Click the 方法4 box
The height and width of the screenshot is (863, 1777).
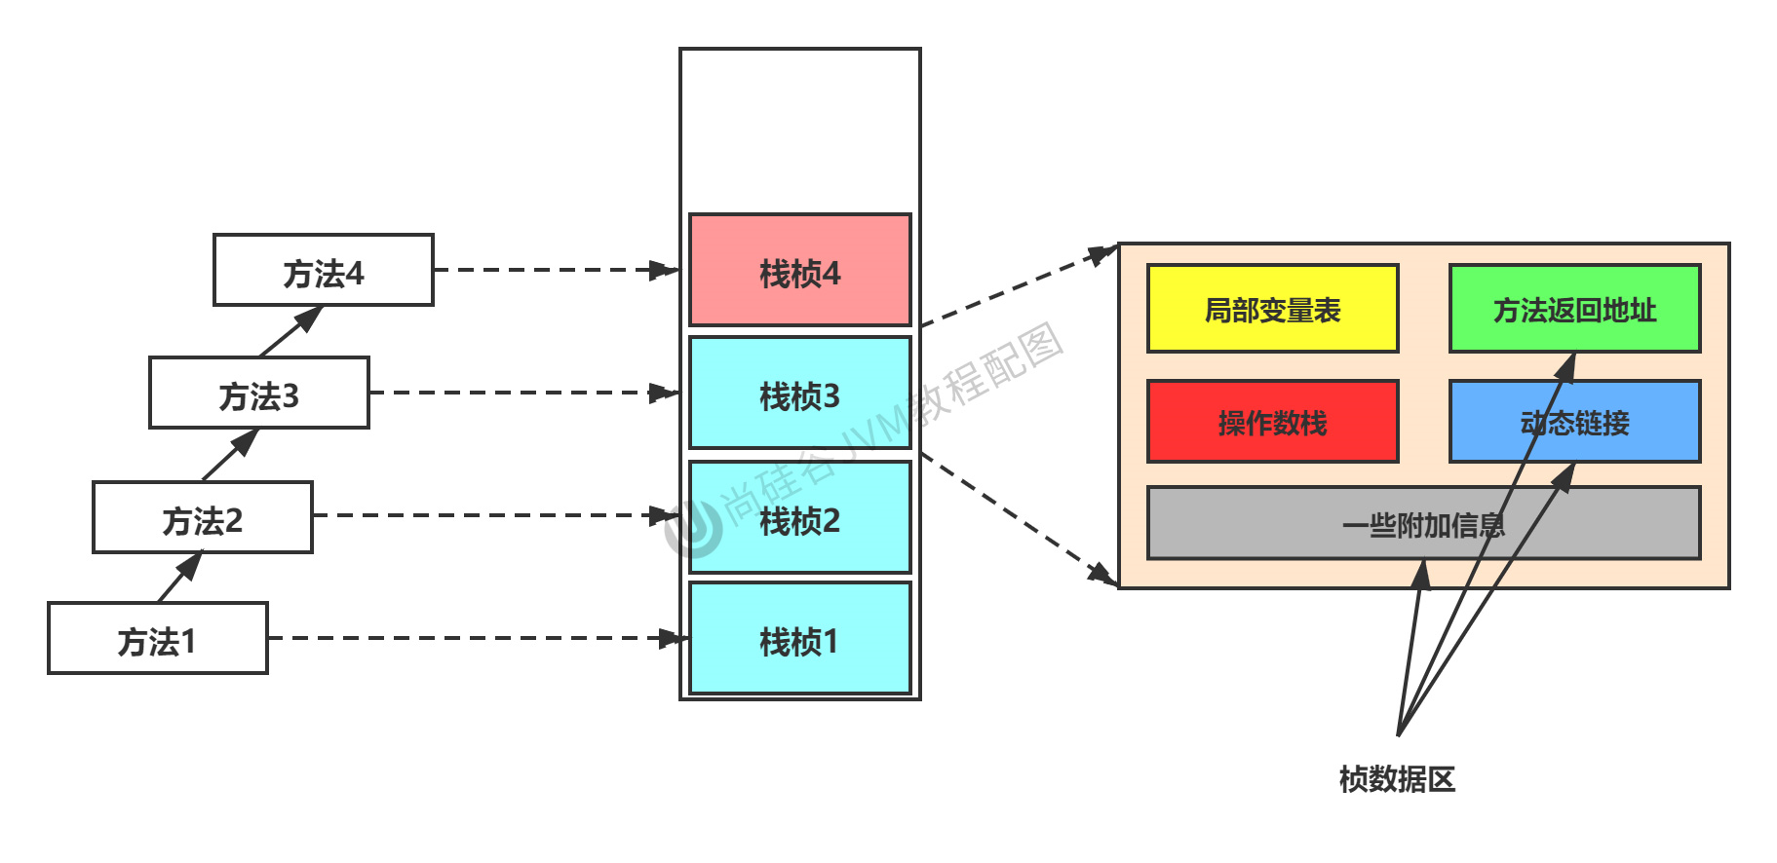323,271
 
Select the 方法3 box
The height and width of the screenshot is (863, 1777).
258,394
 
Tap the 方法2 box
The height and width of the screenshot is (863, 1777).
202,518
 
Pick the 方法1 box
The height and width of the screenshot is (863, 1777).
157,639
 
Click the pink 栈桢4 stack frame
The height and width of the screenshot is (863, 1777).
799,271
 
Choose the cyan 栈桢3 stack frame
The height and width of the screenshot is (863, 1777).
799,394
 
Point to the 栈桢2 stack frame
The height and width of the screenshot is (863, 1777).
799,518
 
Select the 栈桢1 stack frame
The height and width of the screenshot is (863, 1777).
799,639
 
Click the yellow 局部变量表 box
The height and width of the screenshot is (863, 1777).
1272,309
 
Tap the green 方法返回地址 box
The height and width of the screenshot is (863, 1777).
1574,309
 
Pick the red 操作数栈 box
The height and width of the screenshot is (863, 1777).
1272,422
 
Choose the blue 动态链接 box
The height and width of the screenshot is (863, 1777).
1574,422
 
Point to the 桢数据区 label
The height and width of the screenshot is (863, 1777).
1397,779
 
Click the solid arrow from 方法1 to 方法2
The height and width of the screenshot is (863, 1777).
179,578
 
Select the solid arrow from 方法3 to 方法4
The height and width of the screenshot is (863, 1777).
290,331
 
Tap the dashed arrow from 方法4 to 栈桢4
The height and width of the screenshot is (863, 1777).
556,270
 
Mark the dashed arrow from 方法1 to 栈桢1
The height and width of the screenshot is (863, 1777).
478,638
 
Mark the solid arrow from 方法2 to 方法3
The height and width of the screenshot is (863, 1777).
230,455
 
